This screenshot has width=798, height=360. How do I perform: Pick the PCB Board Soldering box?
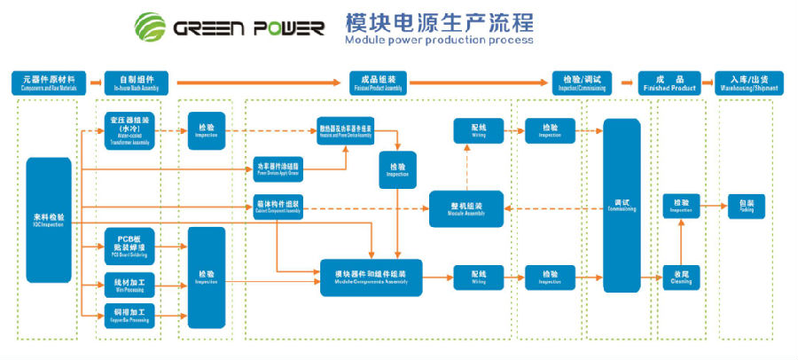pos(130,246)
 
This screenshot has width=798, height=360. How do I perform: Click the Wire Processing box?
pos(130,284)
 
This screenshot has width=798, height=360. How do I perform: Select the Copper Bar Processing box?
pos(130,311)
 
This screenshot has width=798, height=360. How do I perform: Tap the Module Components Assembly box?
pos(372,278)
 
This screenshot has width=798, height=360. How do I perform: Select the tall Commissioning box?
pos(622,205)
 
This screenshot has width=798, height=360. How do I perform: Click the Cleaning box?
pos(680,277)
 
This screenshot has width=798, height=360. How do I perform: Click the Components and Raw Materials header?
pos(50,83)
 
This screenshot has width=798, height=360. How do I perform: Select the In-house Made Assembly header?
pos(137,83)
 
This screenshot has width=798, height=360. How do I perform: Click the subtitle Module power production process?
pos(439,40)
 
